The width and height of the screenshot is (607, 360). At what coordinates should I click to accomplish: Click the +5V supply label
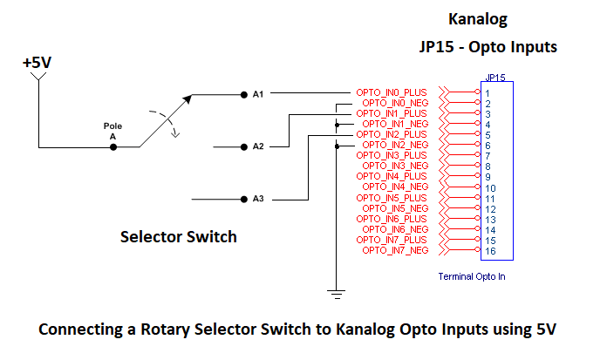(x=37, y=64)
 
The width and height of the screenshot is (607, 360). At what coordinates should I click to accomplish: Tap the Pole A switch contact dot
(x=113, y=147)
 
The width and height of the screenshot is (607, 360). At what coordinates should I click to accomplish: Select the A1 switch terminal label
(x=258, y=93)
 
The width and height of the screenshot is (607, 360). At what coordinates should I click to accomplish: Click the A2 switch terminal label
(x=258, y=146)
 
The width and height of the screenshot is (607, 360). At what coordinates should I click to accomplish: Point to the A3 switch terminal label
(x=258, y=199)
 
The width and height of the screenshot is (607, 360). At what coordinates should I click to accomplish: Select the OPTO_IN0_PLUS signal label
(x=392, y=92)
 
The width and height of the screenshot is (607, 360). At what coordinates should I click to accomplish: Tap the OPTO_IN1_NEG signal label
(x=395, y=124)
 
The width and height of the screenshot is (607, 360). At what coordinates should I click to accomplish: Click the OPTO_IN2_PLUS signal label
(x=392, y=134)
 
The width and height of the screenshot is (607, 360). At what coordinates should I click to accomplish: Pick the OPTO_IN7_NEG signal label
(x=395, y=250)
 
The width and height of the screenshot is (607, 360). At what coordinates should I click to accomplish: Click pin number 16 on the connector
(x=491, y=251)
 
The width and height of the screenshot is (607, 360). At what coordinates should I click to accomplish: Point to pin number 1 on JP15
(x=488, y=93)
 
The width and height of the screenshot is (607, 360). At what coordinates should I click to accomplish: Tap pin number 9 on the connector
(x=488, y=177)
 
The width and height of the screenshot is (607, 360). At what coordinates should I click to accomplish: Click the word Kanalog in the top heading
(x=477, y=18)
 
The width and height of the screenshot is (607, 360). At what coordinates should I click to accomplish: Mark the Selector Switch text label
(x=178, y=236)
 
